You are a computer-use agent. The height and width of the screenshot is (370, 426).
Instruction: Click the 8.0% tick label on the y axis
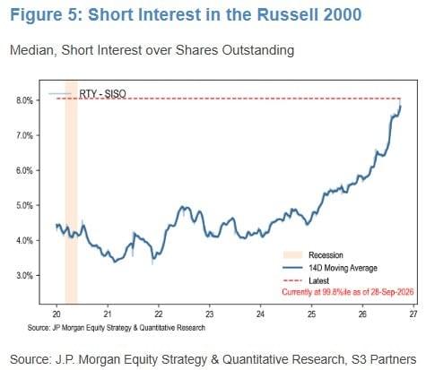[x=24, y=100]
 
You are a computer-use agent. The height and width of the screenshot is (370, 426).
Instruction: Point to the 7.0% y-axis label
[x=24, y=135]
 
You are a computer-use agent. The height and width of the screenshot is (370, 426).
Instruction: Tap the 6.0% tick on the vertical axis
[x=24, y=170]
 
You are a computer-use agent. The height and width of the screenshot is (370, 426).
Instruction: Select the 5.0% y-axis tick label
[x=24, y=205]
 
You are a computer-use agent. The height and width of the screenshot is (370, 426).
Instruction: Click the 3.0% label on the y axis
[x=24, y=275]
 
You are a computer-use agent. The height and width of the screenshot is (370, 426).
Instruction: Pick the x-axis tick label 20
[x=57, y=314]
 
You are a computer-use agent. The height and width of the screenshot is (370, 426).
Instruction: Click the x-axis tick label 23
[x=210, y=314]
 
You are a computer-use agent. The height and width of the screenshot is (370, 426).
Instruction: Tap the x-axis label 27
[x=413, y=314]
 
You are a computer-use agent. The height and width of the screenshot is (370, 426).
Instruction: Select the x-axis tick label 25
[x=311, y=314]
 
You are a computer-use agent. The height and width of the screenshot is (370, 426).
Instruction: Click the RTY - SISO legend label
[x=102, y=93]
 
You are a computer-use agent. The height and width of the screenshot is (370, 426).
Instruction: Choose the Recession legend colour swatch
[x=292, y=254]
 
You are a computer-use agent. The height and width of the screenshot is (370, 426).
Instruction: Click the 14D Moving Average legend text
[x=343, y=268]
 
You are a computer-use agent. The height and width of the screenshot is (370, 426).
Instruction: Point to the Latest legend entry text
[x=318, y=280]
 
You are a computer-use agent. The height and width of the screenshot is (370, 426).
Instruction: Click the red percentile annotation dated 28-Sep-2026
[x=348, y=292]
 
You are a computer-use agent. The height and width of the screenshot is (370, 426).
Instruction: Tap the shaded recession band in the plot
[x=71, y=192]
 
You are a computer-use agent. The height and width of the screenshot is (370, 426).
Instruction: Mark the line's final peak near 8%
[x=400, y=105]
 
